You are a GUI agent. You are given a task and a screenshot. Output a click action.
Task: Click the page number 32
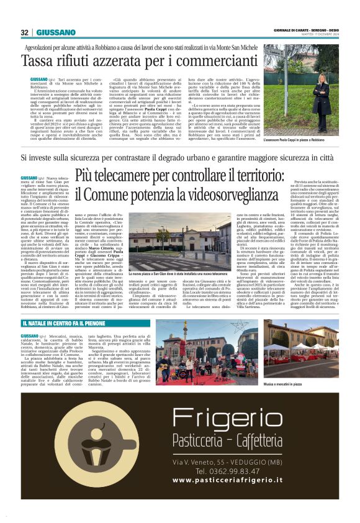tap(25, 32)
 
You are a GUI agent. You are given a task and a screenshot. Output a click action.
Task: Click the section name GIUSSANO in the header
tap(56, 32)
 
